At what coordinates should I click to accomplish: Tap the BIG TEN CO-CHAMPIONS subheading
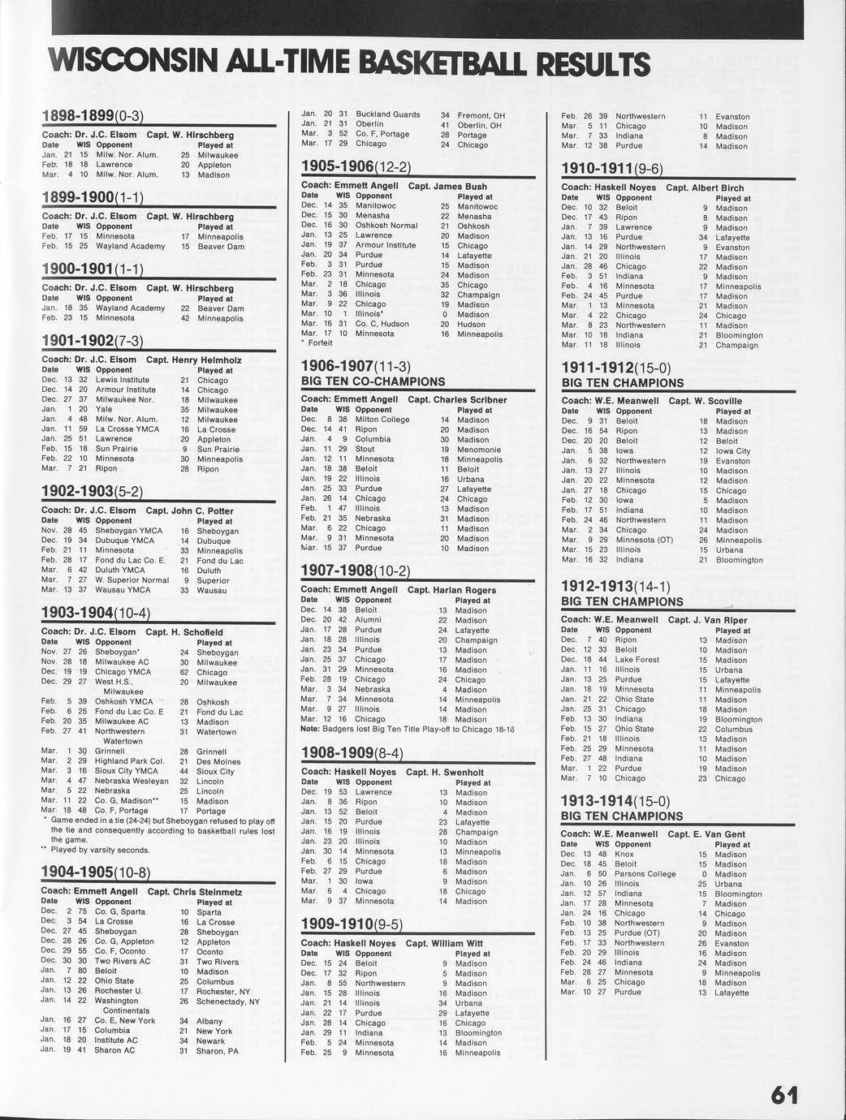[373, 381]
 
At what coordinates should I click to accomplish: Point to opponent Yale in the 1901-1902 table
[104, 409]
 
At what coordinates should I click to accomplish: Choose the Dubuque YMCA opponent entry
[124, 541]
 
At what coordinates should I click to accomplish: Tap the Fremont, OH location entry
[481, 115]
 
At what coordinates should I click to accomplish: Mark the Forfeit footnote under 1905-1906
[318, 343]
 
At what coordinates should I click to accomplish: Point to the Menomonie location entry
[478, 449]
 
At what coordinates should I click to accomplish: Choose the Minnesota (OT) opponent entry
[644, 540]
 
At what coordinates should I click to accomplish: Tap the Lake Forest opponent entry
[637, 659]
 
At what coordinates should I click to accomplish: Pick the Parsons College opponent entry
[645, 874]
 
